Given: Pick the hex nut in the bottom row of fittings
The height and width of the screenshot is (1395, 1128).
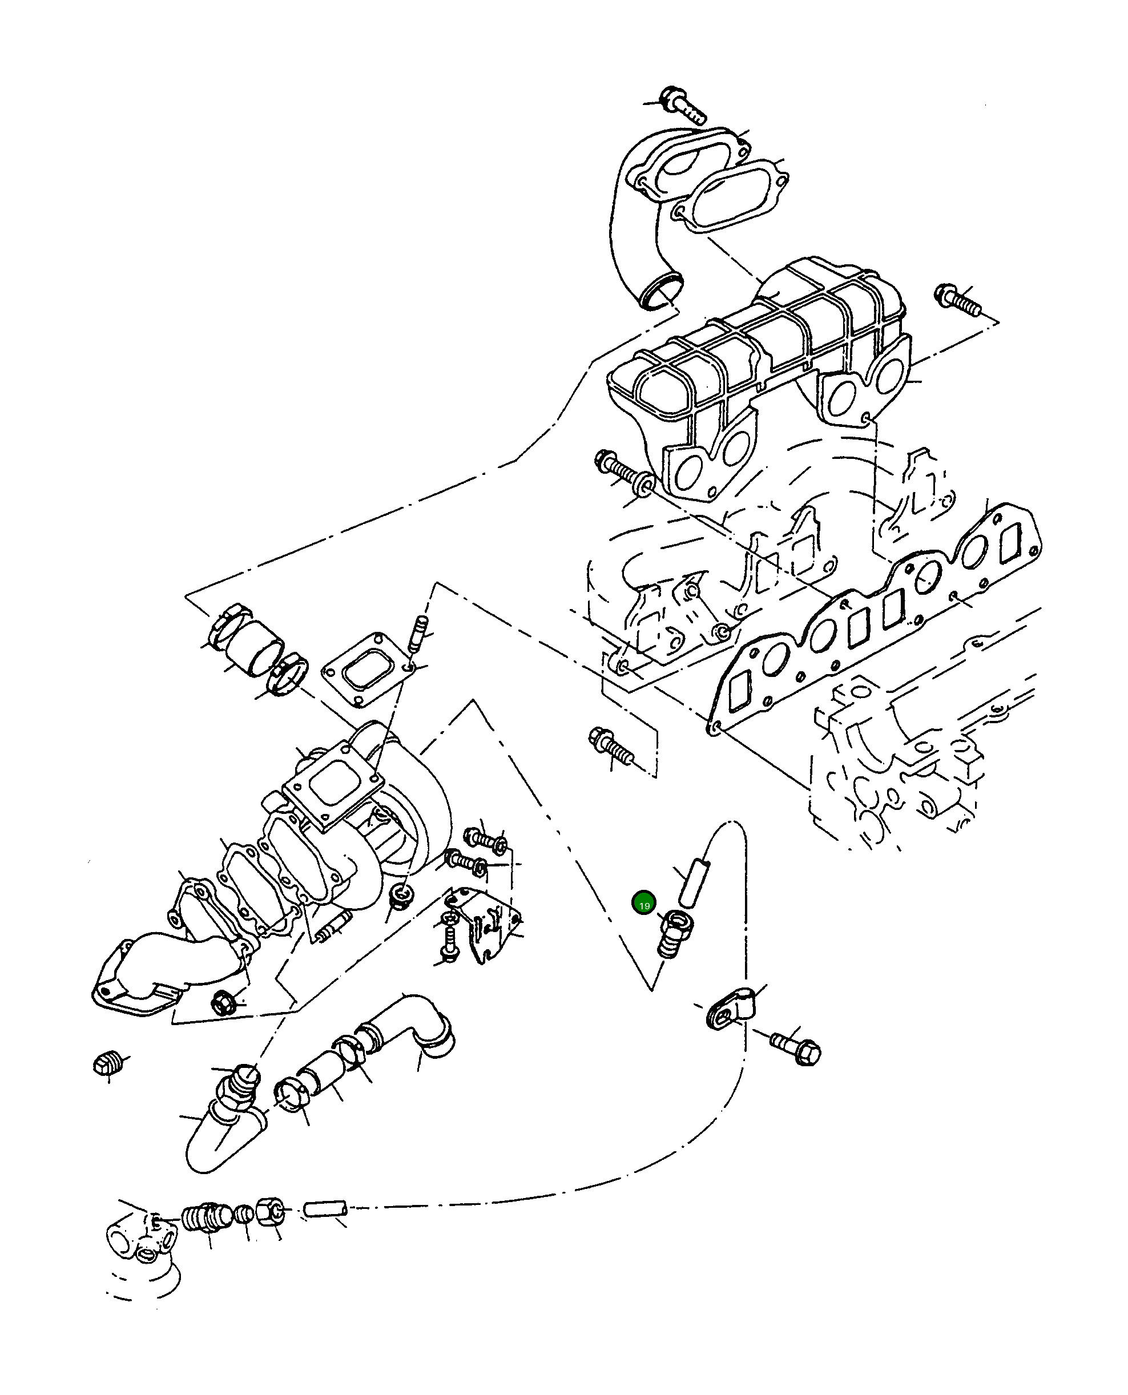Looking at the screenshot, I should (x=269, y=1211).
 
